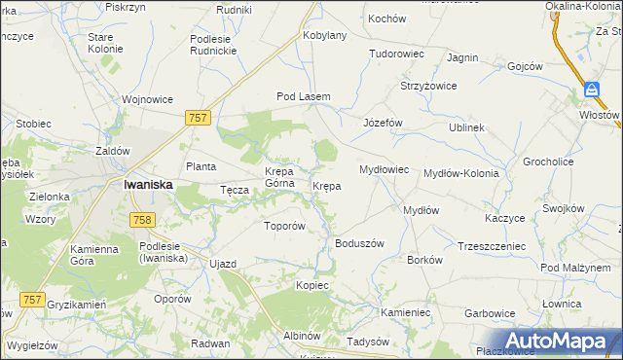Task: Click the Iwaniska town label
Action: [x=148, y=184]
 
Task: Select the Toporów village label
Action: [x=286, y=226]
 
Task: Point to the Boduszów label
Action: [x=360, y=243]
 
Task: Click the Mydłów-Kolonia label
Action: [x=461, y=173]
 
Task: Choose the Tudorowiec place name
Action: [x=396, y=54]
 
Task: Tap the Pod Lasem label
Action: [x=304, y=96]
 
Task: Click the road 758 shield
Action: [x=142, y=220]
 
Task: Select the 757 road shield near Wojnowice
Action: [x=198, y=117]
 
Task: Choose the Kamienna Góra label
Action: [x=94, y=256]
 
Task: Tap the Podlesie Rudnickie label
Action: [x=220, y=46]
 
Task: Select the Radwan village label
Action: [x=210, y=343]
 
